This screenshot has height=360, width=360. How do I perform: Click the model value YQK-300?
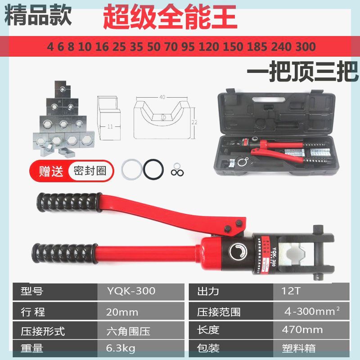[131, 291]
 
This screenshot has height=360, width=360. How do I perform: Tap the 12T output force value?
[282, 291]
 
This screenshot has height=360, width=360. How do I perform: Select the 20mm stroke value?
[122, 311]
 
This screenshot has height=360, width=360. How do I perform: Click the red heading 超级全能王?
[170, 16]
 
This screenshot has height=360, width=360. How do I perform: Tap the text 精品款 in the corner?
[38, 15]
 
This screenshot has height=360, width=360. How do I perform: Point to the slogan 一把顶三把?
[302, 71]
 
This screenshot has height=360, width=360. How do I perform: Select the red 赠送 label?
[50, 171]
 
